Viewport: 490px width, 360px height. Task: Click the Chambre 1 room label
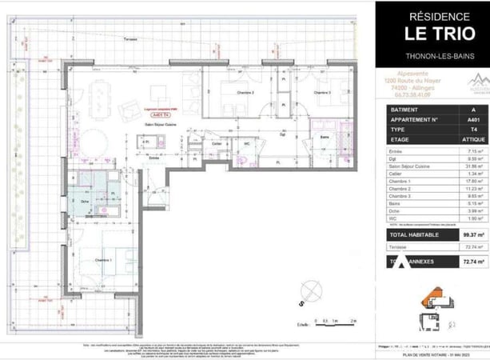(x=102, y=261)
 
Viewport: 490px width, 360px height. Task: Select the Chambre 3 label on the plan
(x=321, y=93)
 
